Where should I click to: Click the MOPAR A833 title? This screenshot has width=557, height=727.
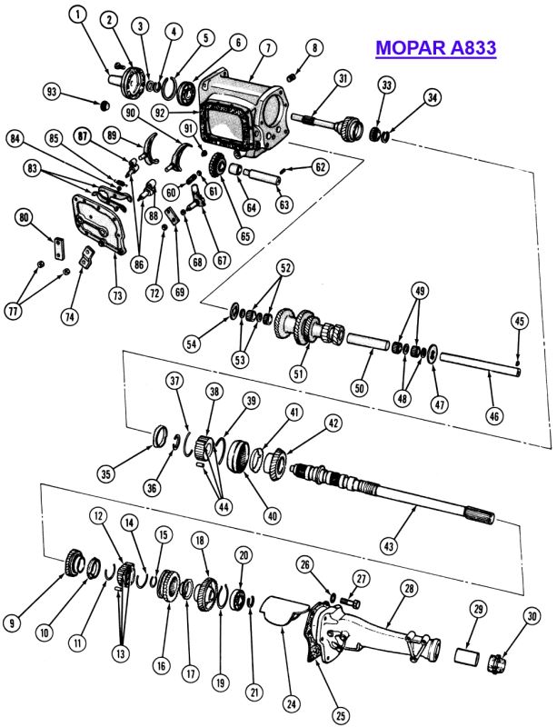[436, 48]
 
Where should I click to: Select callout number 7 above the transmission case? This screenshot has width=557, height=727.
[268, 48]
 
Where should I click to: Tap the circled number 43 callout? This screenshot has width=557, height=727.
[388, 546]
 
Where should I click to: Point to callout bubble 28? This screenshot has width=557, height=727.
[409, 589]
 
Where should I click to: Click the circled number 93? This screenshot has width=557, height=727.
[52, 92]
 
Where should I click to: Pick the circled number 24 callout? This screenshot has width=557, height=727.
[291, 704]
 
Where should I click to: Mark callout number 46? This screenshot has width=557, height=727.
[494, 416]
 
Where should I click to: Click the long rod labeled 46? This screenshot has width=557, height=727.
[481, 364]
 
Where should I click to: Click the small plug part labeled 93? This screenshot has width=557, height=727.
[105, 105]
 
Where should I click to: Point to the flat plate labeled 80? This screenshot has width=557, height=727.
[58, 249]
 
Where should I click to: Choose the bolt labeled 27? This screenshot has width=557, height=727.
[352, 603]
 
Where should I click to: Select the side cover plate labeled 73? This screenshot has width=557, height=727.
[100, 224]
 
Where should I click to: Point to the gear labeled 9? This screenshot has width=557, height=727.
[74, 563]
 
